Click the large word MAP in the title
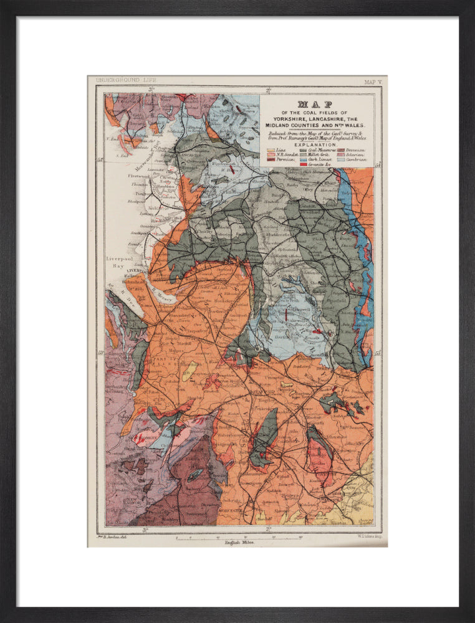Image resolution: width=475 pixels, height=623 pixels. point(315,105)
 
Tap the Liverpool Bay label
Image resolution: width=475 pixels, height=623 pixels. point(120,260)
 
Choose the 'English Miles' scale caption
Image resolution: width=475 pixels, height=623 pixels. point(239,543)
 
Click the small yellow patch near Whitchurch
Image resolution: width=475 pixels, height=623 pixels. point(187,373)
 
